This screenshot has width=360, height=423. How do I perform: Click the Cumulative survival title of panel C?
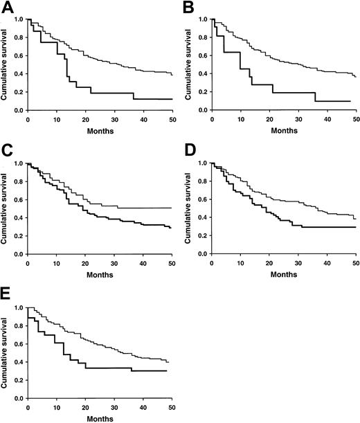(6, 208)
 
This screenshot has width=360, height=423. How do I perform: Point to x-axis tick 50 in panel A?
(172, 118)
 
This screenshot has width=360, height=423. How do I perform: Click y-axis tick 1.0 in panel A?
(19, 19)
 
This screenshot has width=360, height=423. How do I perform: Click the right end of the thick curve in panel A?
(172, 99)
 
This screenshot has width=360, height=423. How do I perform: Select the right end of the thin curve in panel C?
(172, 208)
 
